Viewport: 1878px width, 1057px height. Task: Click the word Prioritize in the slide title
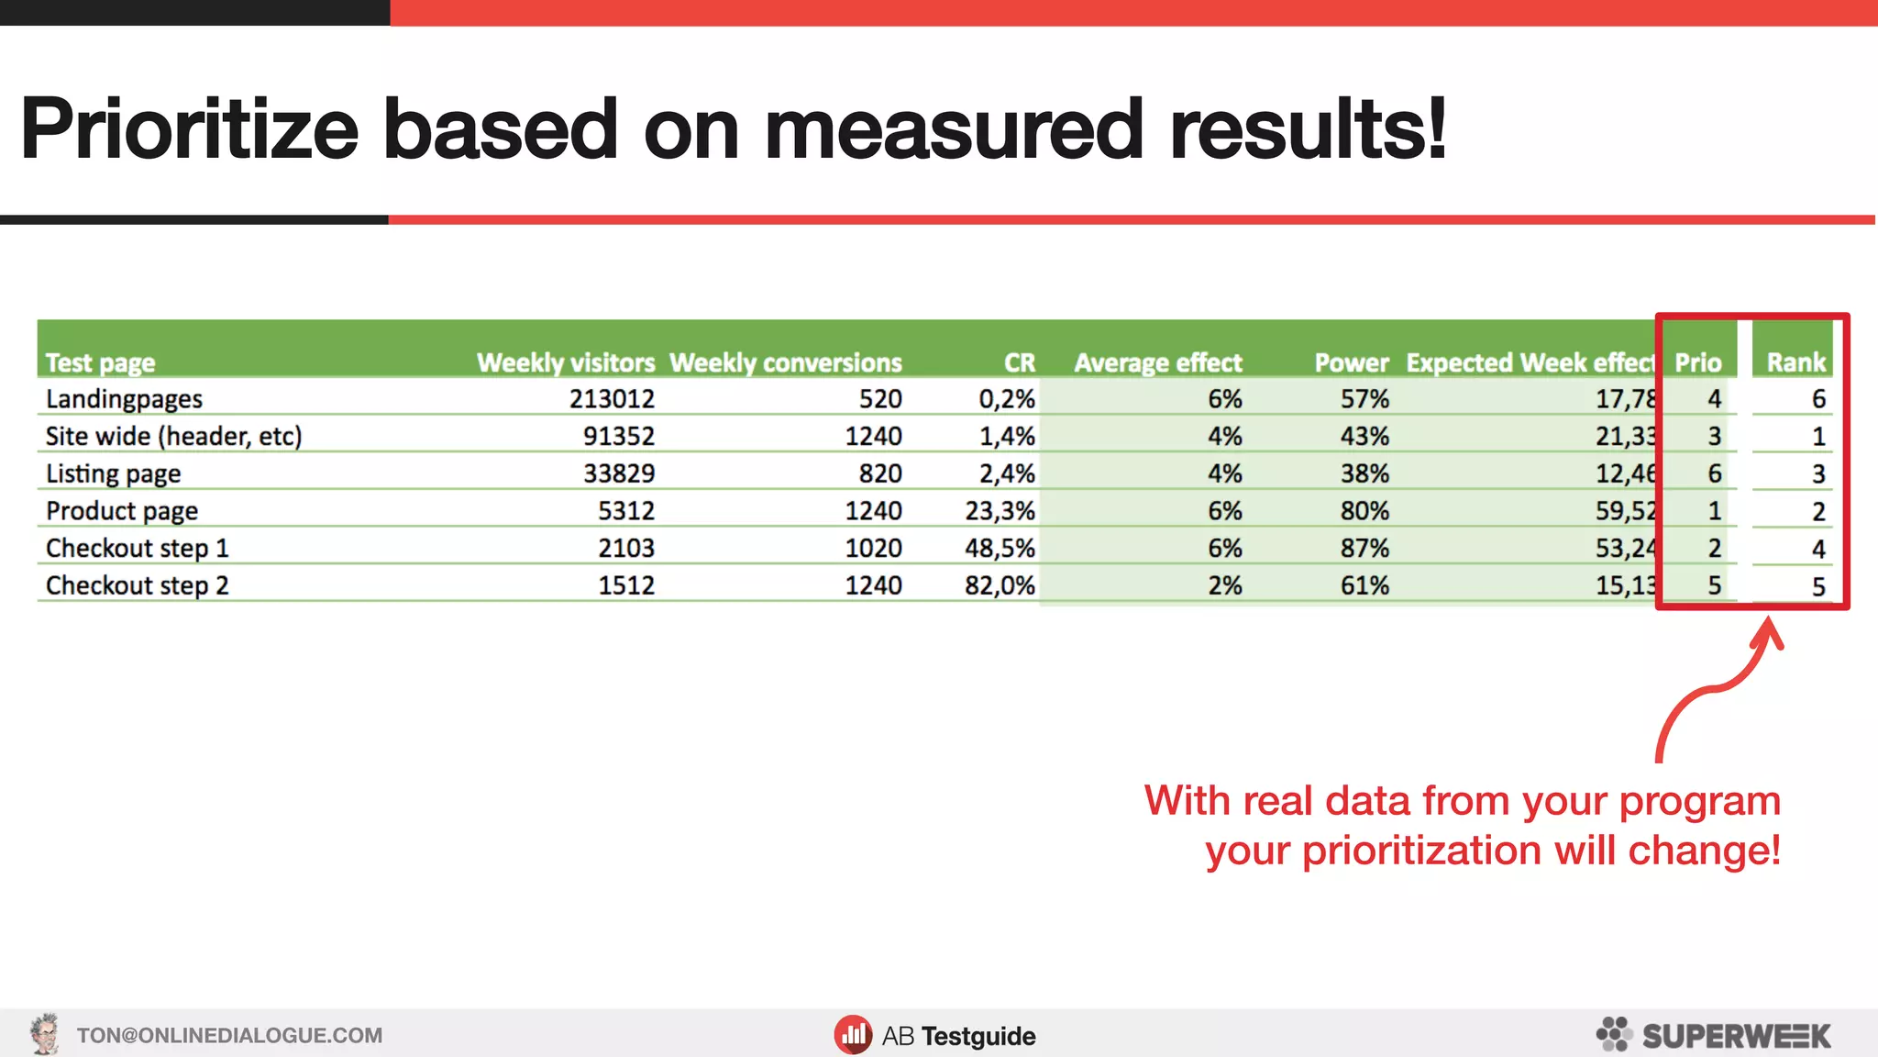tap(189, 129)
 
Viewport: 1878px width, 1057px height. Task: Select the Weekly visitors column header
tap(566, 362)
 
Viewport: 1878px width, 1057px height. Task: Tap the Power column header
tap(1352, 362)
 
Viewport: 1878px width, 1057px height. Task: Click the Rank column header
tap(1796, 362)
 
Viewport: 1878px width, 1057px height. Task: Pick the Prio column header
tap(1698, 362)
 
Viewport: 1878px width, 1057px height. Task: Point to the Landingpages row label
tap(124, 399)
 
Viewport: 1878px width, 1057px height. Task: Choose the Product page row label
tap(122, 511)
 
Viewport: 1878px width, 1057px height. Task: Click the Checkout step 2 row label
tap(137, 585)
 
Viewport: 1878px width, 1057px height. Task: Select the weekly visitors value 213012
tap(612, 399)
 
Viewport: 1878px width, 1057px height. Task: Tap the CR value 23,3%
tap(1000, 511)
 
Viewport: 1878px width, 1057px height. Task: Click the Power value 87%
tap(1364, 549)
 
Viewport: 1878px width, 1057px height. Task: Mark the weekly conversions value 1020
tap(873, 549)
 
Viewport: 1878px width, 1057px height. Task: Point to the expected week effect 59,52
tap(1626, 511)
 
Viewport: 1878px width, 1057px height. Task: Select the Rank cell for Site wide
tap(1818, 437)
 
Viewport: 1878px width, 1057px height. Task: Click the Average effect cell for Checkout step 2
tap(1225, 585)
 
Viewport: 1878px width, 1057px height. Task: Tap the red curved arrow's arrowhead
tap(1770, 633)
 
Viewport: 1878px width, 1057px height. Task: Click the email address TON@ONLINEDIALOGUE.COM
tap(229, 1036)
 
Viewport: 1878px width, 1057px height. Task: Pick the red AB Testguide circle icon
tap(853, 1035)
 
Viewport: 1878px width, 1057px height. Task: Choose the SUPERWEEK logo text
tap(1736, 1036)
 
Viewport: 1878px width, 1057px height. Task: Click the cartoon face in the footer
tap(44, 1034)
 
